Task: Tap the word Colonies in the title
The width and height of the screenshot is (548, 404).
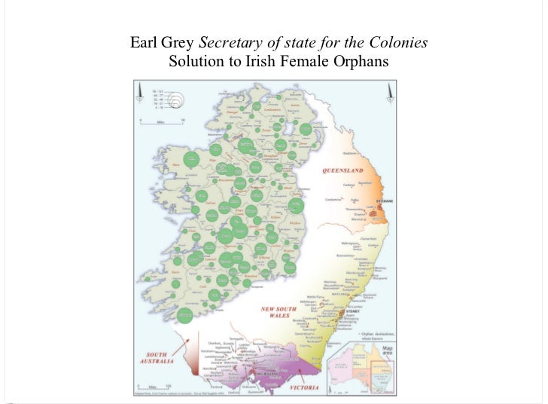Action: point(400,42)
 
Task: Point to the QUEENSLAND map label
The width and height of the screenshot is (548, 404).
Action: point(342,170)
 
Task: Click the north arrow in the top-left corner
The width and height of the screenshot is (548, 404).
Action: point(140,93)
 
